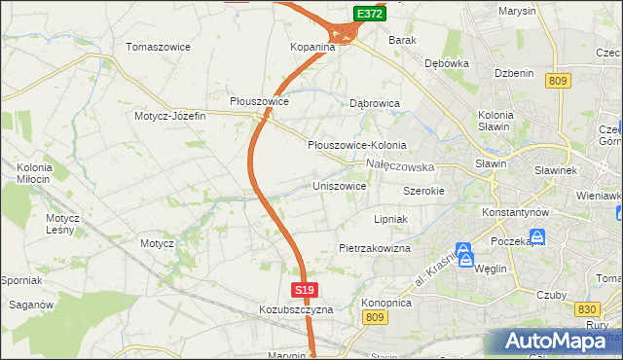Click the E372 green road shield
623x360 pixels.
click(369, 14)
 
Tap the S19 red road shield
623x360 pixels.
click(304, 290)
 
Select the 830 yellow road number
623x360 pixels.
click(586, 308)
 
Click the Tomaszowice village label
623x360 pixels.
click(159, 47)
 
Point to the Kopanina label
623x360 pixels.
click(312, 47)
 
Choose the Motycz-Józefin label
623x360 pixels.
click(170, 116)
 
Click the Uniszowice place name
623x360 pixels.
click(339, 185)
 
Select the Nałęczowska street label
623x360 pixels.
click(400, 166)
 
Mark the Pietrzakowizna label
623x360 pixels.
click(375, 248)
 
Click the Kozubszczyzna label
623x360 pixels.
click(296, 309)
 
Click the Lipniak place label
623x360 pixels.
click(389, 219)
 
